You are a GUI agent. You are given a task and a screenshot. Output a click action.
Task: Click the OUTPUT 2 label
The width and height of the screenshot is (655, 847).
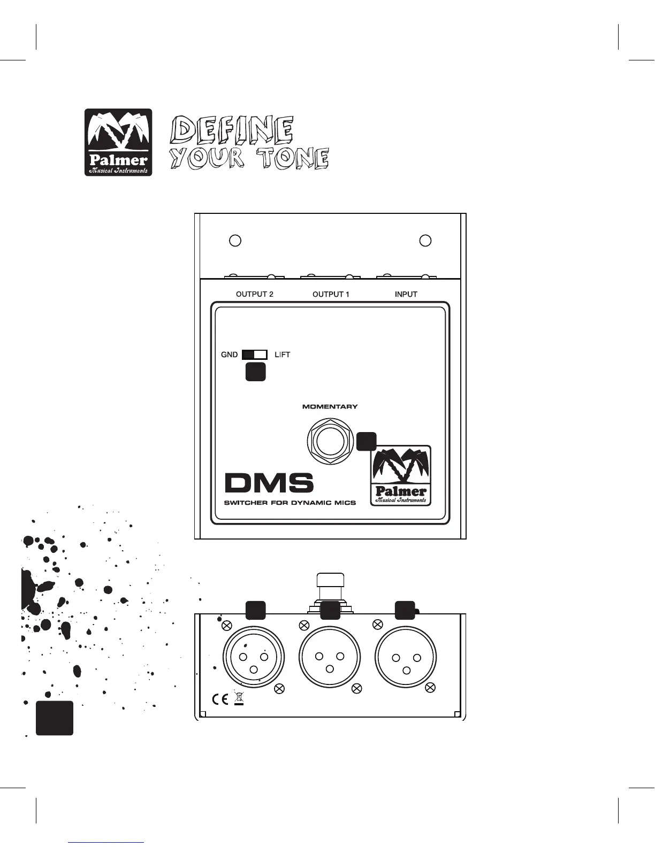point(255,294)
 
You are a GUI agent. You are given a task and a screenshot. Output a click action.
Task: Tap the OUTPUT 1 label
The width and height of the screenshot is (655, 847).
point(331,294)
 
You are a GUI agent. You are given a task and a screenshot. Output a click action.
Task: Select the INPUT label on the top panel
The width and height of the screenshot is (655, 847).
point(406,294)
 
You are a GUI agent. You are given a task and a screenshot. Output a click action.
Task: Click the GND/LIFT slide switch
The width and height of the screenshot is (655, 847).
point(255,355)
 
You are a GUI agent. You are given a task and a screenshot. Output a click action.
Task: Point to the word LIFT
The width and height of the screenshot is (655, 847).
point(282,355)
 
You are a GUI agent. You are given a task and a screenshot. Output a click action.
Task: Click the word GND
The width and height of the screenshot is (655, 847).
point(230,355)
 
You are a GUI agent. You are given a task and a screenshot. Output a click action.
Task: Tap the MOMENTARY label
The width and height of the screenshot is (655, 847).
point(330,407)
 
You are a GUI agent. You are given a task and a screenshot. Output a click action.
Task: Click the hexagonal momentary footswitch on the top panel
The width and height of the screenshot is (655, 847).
point(330,442)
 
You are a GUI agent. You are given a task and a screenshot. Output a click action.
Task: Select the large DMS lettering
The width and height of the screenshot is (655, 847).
point(269,483)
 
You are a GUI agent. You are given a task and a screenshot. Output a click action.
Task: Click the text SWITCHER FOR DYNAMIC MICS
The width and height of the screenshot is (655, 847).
point(290,503)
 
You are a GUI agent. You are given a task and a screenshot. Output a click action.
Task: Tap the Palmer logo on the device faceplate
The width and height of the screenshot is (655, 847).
point(401,476)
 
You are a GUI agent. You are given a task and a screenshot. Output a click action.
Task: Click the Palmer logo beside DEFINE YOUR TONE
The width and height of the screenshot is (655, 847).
point(118,142)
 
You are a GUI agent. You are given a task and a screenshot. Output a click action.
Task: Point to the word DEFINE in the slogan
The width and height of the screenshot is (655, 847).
point(232,129)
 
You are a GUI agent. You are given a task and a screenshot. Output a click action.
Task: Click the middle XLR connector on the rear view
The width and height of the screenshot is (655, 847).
point(330,657)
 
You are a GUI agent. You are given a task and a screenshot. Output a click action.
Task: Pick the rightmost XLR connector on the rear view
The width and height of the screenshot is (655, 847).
point(406,657)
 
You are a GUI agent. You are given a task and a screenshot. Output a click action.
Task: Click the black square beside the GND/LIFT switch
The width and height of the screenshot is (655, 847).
point(255,372)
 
